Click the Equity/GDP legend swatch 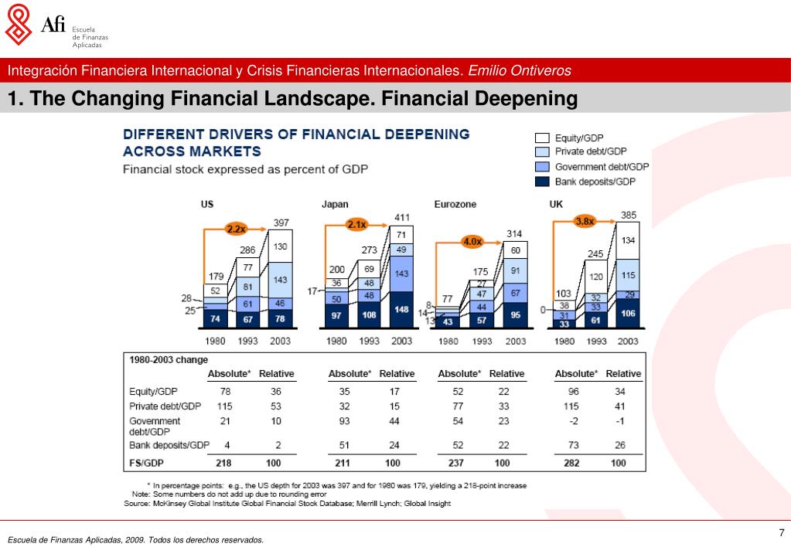[541, 138]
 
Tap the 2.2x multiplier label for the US [236, 229]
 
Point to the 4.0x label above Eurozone [472, 242]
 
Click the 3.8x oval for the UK [585, 221]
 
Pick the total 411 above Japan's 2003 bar [402, 216]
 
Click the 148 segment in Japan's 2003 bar [402, 309]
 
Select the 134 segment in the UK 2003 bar [628, 240]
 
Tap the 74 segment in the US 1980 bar [214, 318]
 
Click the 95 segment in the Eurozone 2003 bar [515, 314]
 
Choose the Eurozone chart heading [455, 204]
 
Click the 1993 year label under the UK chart [596, 341]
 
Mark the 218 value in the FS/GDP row [224, 463]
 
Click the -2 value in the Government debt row [572, 421]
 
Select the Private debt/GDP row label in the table [165, 406]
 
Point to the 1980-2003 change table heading [163, 359]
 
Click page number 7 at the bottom [781, 532]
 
